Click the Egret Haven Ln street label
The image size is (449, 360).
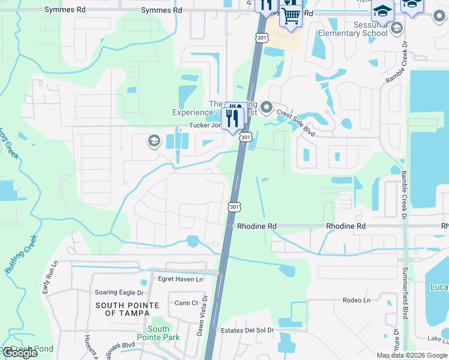(x=181, y=279)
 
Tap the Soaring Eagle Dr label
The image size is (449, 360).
(x=119, y=293)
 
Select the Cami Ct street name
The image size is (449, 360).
(x=186, y=303)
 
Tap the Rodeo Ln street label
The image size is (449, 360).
(x=357, y=300)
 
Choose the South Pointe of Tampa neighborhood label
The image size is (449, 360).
(x=127, y=309)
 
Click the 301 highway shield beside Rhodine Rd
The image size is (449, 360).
(x=234, y=207)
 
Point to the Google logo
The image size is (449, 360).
(x=20, y=353)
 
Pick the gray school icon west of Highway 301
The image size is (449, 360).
(x=153, y=141)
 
